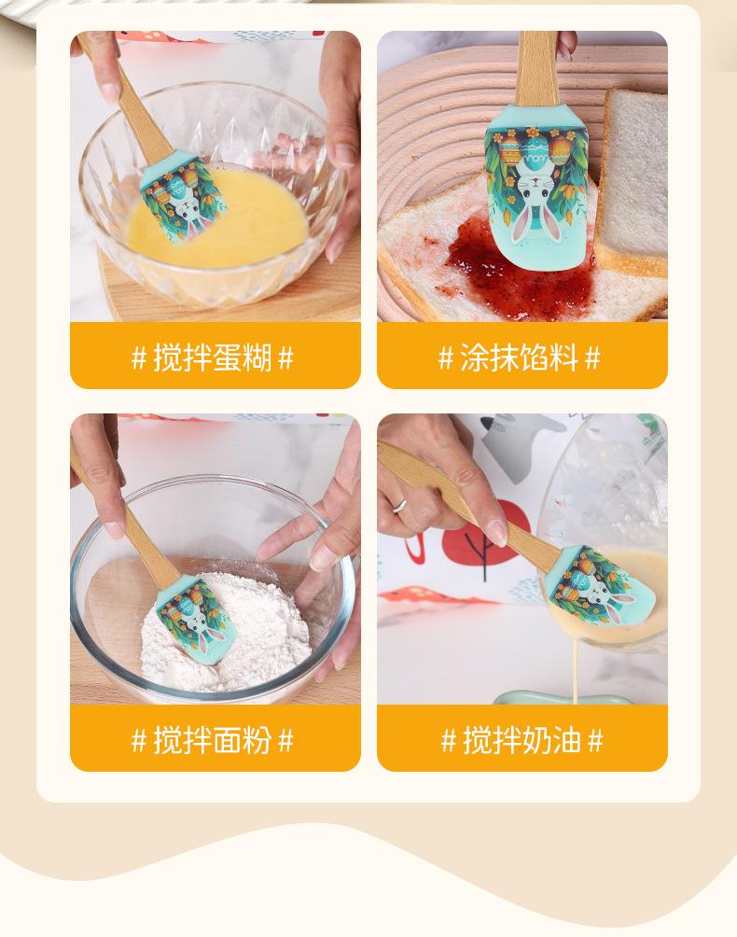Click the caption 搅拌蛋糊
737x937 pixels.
click(213, 357)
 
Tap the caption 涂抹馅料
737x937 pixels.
click(519, 357)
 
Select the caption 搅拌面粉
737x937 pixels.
click(213, 740)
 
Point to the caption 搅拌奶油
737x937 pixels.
click(521, 740)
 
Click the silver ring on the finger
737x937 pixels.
click(399, 506)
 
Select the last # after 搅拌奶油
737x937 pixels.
click(595, 741)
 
